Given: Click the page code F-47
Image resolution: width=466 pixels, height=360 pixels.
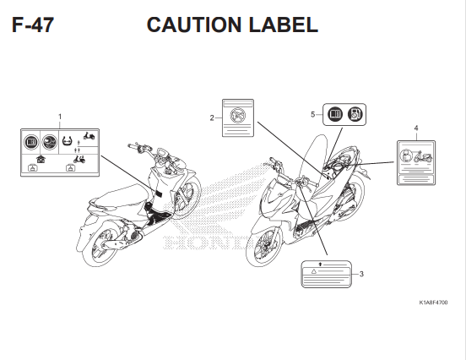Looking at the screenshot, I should click(x=33, y=25).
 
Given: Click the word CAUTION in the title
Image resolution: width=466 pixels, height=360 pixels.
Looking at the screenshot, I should click(x=192, y=25).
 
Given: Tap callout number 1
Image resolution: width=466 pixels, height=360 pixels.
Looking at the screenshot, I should click(x=60, y=115).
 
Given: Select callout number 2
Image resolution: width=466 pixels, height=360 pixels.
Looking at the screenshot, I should click(x=211, y=117).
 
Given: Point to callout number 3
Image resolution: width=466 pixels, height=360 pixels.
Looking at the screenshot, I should click(x=361, y=273).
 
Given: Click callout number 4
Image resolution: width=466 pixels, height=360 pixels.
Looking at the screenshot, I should click(x=416, y=127).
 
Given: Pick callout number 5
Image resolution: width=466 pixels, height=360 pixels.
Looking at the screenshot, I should click(x=312, y=113).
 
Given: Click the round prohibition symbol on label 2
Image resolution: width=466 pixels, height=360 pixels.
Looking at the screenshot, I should click(x=236, y=112).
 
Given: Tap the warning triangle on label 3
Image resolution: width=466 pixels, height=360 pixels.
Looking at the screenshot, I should click(x=313, y=272).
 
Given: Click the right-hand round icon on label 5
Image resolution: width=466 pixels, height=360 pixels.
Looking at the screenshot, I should click(x=357, y=113).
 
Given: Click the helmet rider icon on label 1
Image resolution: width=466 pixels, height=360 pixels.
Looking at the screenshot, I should click(x=50, y=141).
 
